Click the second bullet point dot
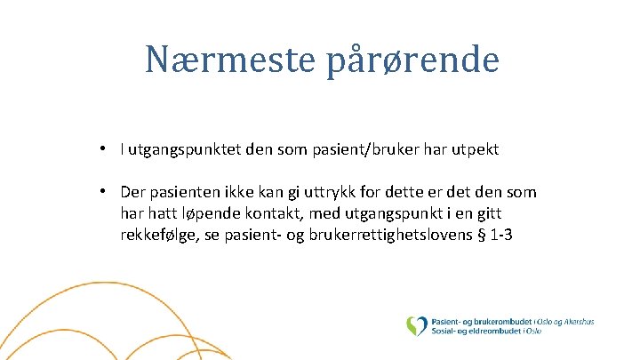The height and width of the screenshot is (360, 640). coord(104,192)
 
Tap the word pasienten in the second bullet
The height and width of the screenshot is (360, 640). coord(181,193)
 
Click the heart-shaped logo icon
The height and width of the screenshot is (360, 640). coord(416,326)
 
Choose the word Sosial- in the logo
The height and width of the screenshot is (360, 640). coord(447,332)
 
